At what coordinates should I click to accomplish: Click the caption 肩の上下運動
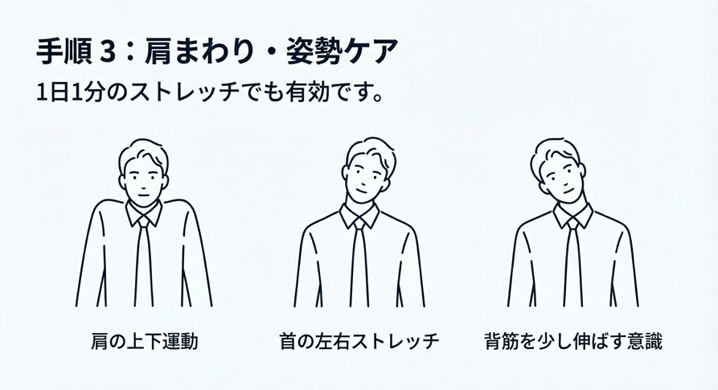coord(145,341)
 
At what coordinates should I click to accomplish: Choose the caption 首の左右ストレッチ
coord(359,341)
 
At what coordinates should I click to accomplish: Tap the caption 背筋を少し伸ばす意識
coord(573,341)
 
